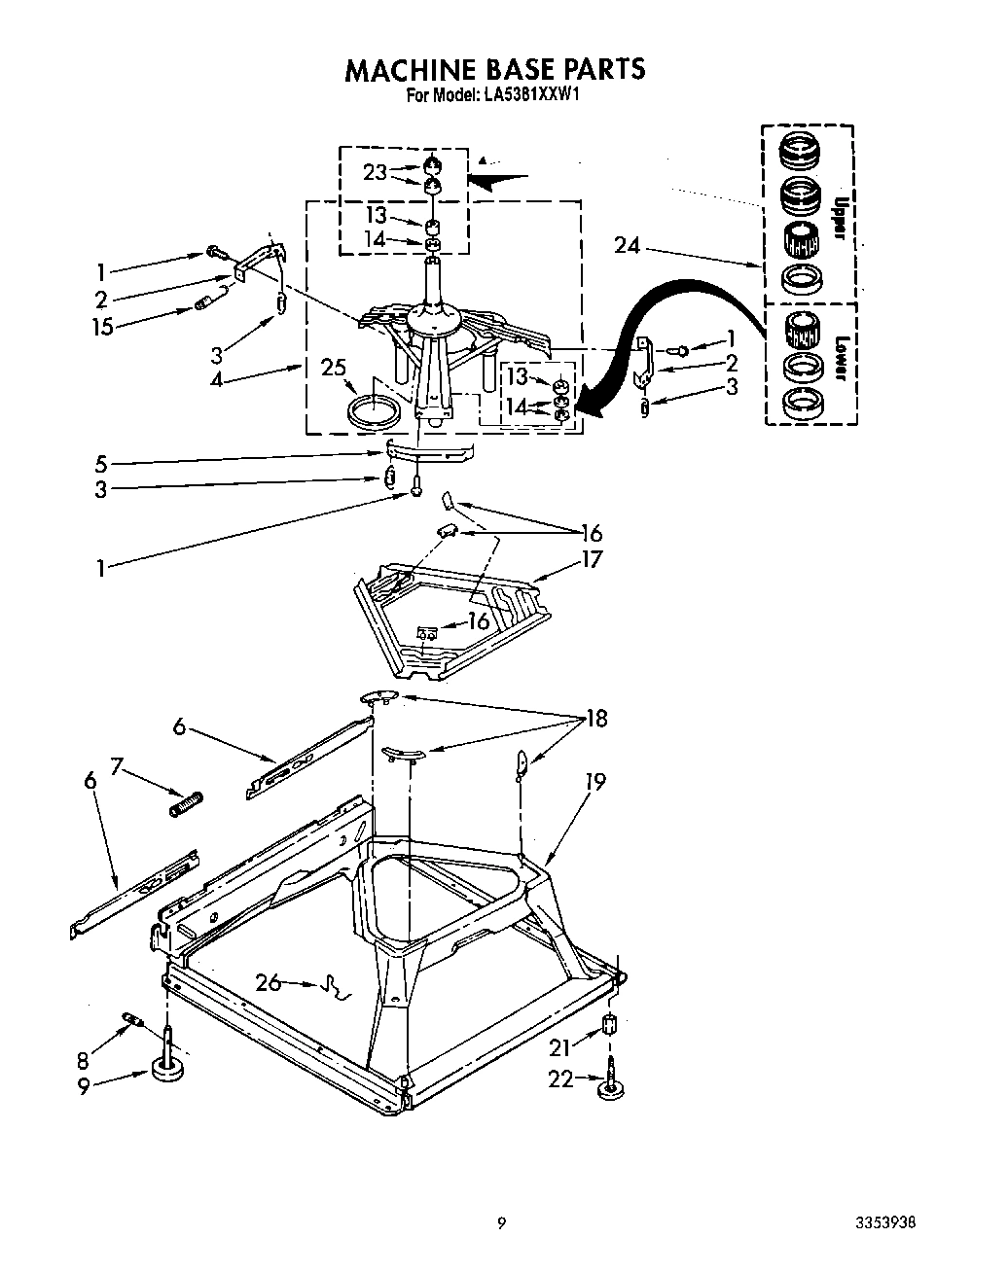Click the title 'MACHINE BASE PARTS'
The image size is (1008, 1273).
tap(495, 69)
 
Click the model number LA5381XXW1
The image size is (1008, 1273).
tap(531, 95)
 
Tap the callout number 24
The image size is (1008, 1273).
tap(628, 246)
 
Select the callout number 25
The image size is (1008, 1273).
tap(333, 367)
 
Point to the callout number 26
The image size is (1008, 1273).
tap(269, 982)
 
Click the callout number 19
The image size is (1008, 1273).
tap(595, 781)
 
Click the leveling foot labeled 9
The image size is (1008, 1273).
tap(168, 1070)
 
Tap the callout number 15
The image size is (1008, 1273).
tap(102, 328)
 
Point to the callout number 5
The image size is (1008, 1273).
tap(101, 464)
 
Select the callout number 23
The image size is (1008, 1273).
tap(376, 172)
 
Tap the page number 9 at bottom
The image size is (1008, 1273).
tap(501, 1223)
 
